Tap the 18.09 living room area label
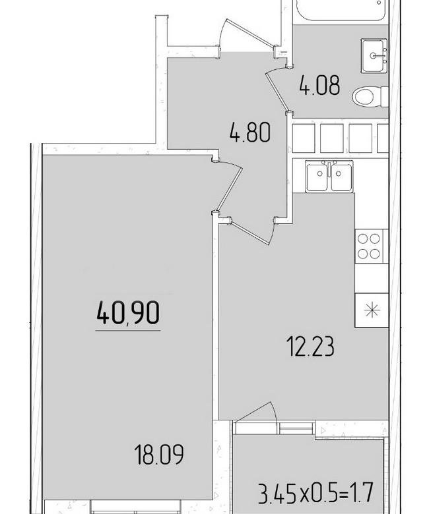(x=159, y=454)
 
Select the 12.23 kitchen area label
(x=310, y=347)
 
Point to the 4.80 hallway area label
(x=250, y=132)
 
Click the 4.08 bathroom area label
(x=319, y=85)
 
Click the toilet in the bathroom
(x=370, y=96)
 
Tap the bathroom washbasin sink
(x=374, y=55)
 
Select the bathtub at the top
(x=342, y=10)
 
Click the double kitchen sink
(x=329, y=176)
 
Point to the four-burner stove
(x=368, y=246)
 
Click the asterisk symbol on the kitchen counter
(x=372, y=310)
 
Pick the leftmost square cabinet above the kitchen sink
(x=304, y=138)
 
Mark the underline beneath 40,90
(x=128, y=330)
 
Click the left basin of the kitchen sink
(x=317, y=177)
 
